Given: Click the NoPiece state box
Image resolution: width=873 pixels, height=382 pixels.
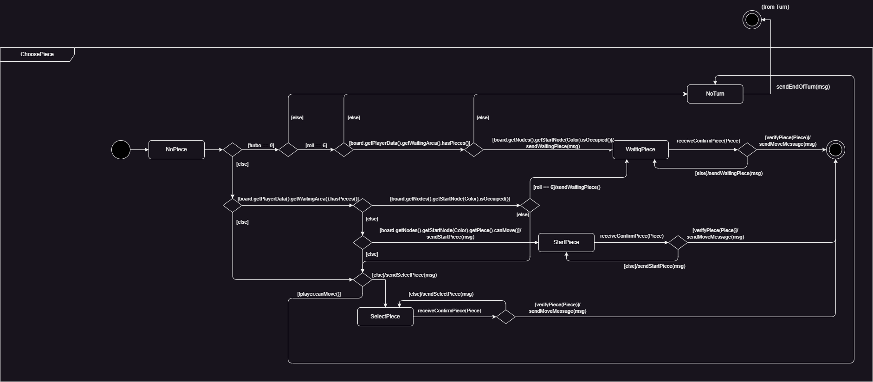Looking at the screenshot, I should click(176, 149).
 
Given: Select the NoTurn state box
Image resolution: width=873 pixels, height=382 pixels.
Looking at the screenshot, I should click(715, 94).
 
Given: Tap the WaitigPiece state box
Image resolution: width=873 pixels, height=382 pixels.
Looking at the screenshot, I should click(640, 149).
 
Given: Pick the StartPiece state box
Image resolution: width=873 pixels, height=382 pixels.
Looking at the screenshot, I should click(566, 242).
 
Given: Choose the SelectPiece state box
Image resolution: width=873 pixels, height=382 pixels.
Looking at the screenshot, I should click(385, 317).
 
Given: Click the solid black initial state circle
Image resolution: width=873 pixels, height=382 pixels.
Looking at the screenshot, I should click(121, 150).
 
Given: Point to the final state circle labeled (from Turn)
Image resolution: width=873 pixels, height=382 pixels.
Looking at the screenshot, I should click(752, 20).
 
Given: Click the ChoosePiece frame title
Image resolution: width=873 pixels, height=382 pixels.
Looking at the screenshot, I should click(37, 54).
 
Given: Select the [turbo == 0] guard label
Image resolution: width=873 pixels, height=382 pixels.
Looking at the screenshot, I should click(261, 145).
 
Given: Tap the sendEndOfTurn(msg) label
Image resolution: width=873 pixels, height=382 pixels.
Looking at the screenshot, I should click(803, 87).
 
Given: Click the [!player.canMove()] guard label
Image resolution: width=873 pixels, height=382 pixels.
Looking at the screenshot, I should click(319, 294).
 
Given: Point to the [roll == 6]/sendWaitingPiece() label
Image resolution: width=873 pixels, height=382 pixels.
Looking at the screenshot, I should click(567, 187).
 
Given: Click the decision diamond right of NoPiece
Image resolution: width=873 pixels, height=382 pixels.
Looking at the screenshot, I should click(232, 150).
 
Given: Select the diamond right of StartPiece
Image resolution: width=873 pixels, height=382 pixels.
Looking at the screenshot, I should click(678, 242).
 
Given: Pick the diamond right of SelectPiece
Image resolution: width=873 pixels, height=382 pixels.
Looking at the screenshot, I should click(506, 317).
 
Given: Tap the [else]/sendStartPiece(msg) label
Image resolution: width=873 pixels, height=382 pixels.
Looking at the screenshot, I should click(654, 266).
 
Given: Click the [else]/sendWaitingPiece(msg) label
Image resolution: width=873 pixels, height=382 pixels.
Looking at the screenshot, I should click(728, 173).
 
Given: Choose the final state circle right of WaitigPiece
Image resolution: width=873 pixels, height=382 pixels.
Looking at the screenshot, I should click(835, 150).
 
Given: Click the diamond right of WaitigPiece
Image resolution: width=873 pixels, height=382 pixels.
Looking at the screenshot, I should click(747, 150).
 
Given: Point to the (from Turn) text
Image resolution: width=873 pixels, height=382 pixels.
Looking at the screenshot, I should click(775, 7).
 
